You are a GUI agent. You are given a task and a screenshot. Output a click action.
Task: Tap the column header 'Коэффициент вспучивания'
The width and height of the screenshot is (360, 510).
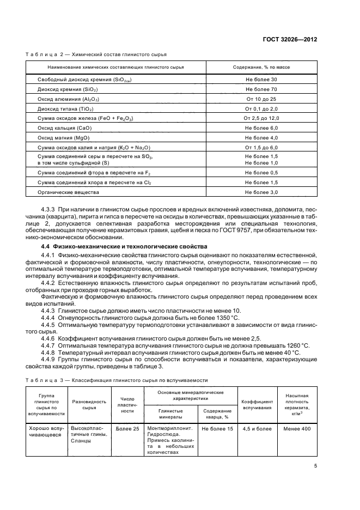click(x=257, y=404)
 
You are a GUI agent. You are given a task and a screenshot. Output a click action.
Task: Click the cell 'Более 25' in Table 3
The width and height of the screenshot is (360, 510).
click(x=127, y=429)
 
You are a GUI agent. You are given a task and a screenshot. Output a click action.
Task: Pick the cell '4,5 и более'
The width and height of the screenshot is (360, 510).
click(x=257, y=429)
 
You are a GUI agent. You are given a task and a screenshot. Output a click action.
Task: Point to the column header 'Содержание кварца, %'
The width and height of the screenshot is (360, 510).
click(x=217, y=414)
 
